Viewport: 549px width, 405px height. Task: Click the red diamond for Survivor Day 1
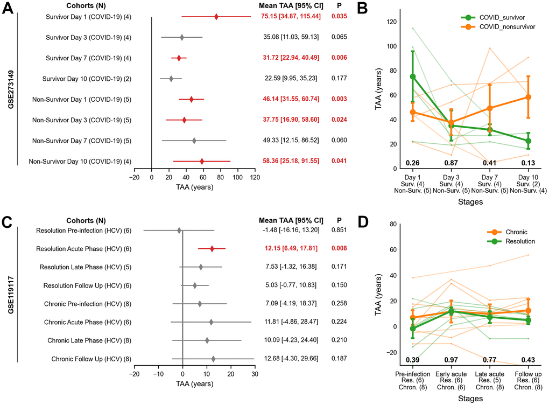216,17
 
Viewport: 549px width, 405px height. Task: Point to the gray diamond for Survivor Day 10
171,79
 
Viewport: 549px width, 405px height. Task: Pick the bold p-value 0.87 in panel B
452,163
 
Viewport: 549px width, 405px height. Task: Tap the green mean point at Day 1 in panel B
413,77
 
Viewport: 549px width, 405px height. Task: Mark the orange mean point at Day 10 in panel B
529,97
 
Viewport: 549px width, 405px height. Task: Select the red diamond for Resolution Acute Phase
212,249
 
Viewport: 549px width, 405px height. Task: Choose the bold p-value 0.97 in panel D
452,359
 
